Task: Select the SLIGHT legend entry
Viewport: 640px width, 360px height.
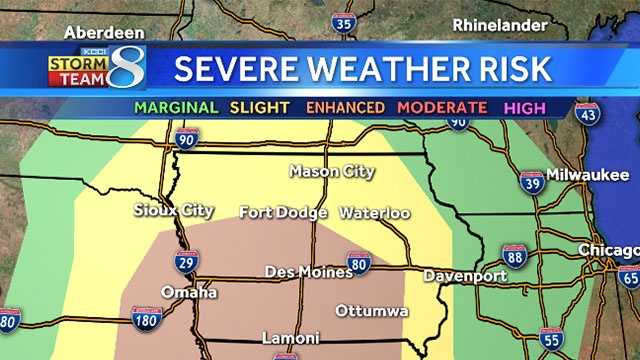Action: (260, 107)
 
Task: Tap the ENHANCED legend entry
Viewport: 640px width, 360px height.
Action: (344, 107)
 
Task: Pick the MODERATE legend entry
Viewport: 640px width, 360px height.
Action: (442, 107)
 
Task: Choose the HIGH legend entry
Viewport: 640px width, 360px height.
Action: (525, 107)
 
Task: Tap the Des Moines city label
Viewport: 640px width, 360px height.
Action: (304, 272)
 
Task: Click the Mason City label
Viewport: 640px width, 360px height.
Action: (332, 171)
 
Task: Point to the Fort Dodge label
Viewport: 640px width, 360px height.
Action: (283, 212)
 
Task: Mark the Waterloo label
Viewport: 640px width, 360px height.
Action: (375, 213)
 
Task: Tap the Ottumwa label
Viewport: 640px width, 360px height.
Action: (372, 311)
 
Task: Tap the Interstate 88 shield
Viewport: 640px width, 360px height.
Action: (514, 256)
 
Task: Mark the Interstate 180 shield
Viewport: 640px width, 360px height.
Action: (147, 319)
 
